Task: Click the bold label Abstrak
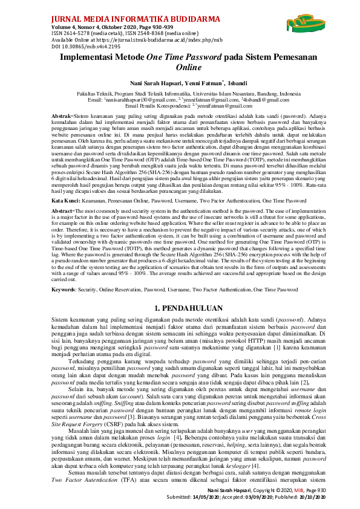61,114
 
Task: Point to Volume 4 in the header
65,27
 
